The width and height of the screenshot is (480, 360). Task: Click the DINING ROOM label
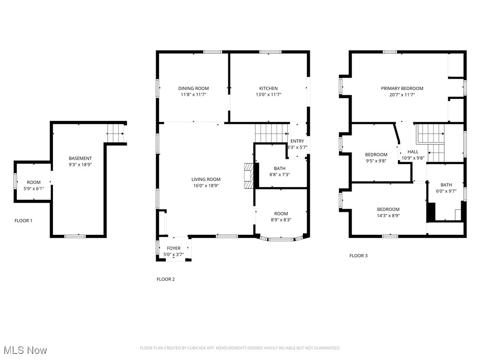coord(193,88)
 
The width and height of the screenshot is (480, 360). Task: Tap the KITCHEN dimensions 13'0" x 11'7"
coord(269,95)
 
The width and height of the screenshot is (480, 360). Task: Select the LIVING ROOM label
coord(206,179)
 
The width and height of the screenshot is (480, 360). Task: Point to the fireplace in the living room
coord(248,176)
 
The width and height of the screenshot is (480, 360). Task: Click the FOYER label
coord(173,248)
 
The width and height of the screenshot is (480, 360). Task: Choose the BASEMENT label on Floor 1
coord(80,158)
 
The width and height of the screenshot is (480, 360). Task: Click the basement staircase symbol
coord(115,133)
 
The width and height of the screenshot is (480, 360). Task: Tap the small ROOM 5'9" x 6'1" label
coord(33,182)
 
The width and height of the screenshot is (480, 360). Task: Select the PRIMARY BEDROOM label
coord(402,88)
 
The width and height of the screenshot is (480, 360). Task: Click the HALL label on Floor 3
coord(412,152)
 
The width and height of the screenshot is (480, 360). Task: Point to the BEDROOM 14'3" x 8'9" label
coord(388,210)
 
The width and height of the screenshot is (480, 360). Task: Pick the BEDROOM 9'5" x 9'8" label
coord(376,155)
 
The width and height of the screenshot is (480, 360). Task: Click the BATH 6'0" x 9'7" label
coord(446,185)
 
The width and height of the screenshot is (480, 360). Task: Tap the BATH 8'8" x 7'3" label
coord(279,169)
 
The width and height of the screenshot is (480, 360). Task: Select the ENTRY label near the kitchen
coord(297,141)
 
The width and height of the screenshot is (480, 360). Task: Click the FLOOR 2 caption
coord(165,279)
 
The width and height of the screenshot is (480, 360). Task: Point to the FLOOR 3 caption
coord(359,256)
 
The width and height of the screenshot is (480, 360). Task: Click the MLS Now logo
coord(25,350)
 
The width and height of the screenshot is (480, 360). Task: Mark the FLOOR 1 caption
coord(23,220)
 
